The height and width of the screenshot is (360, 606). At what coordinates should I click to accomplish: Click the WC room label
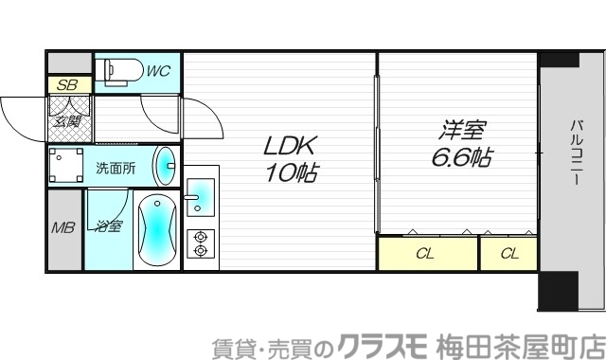click(x=158, y=69)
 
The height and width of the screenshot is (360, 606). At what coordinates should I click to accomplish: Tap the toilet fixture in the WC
click(x=120, y=69)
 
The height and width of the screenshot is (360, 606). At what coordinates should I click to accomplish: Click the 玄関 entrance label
click(x=66, y=120)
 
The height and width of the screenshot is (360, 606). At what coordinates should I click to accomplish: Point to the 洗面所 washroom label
click(x=116, y=168)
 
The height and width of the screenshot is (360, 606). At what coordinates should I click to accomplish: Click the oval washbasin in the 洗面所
click(x=165, y=167)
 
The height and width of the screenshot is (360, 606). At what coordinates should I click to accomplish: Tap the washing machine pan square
click(x=67, y=167)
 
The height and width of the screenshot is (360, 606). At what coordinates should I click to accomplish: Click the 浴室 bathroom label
click(x=107, y=226)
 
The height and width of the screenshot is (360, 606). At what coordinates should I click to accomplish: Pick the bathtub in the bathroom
click(x=154, y=230)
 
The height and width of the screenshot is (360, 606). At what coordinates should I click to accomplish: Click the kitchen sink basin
click(x=200, y=196)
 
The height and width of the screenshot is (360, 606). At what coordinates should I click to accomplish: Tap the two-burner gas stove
click(x=200, y=243)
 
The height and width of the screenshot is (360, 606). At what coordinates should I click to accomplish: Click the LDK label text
click(x=290, y=147)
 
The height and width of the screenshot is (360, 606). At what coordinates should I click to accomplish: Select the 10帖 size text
click(x=290, y=174)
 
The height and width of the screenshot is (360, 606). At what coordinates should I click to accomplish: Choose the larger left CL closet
click(x=426, y=253)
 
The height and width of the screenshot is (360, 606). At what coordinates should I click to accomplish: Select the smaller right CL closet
click(x=508, y=253)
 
